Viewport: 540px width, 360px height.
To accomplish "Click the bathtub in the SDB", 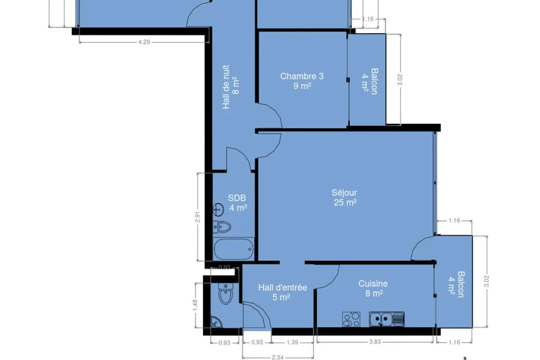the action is pyautogui.click(x=234, y=249).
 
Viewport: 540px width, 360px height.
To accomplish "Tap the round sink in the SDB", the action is pyautogui.click(x=218, y=210).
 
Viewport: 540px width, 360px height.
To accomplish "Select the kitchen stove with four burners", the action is pyautogui.click(x=351, y=319).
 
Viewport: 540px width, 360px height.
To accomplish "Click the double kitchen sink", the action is pyautogui.click(x=387, y=319).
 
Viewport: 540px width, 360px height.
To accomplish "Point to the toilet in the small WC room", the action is pyautogui.click(x=225, y=293).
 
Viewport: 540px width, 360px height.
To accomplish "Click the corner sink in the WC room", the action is pyautogui.click(x=216, y=322).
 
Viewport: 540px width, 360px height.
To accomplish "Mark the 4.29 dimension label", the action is pyautogui.click(x=144, y=42).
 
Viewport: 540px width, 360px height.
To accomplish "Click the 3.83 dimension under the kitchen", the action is pyautogui.click(x=375, y=342).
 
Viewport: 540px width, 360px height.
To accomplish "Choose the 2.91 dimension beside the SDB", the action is pyautogui.click(x=198, y=217).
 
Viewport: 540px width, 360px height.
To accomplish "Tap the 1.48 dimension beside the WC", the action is pyautogui.click(x=195, y=305).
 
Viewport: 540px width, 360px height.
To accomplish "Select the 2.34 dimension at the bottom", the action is pyautogui.click(x=278, y=357).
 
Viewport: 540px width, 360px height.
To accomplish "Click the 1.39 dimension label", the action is pyautogui.click(x=292, y=342).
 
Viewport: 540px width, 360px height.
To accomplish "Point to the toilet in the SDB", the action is pyautogui.click(x=222, y=227).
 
